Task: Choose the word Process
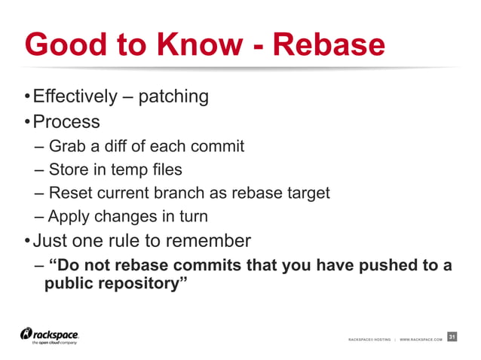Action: coord(67,121)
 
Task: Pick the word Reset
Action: coord(69,193)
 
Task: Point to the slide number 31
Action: coord(452,337)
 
